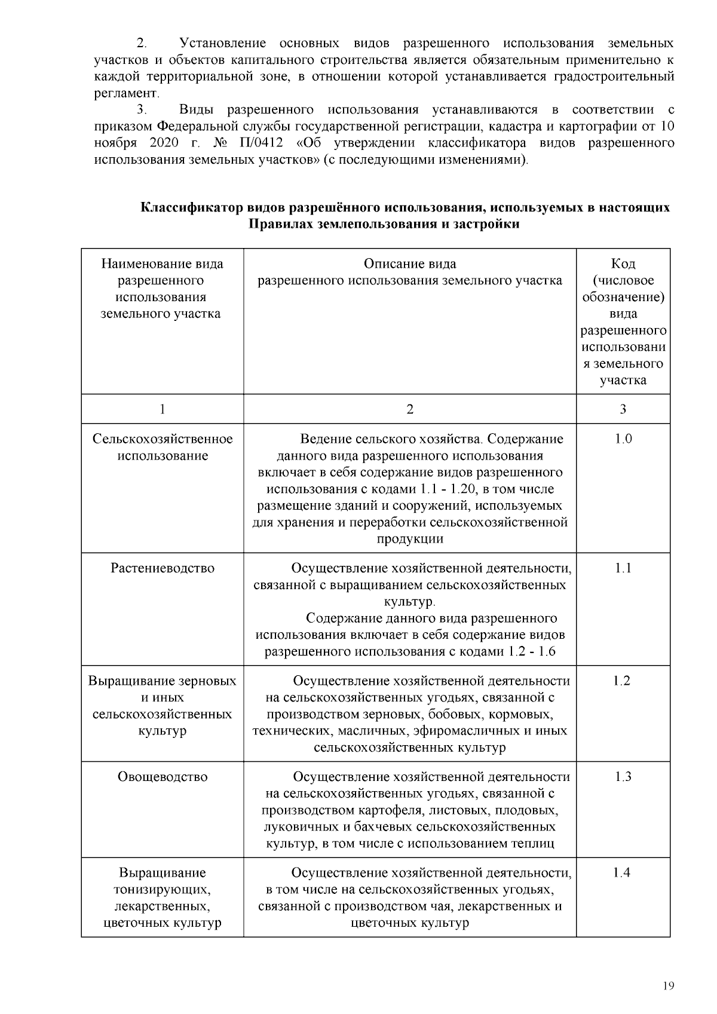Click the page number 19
coord(669,986)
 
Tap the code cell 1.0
coord(623,439)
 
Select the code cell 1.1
coord(623,568)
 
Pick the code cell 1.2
coord(622,681)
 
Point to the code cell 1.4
coord(622,873)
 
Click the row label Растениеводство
coord(163,568)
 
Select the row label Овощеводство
coord(163,777)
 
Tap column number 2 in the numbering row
coord(410,409)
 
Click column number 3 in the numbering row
coord(623,409)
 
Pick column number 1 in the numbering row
coord(163,409)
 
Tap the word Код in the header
coord(623,264)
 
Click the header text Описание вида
coord(410,264)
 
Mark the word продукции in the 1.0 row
coord(410,539)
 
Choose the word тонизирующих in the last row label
coord(163,890)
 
